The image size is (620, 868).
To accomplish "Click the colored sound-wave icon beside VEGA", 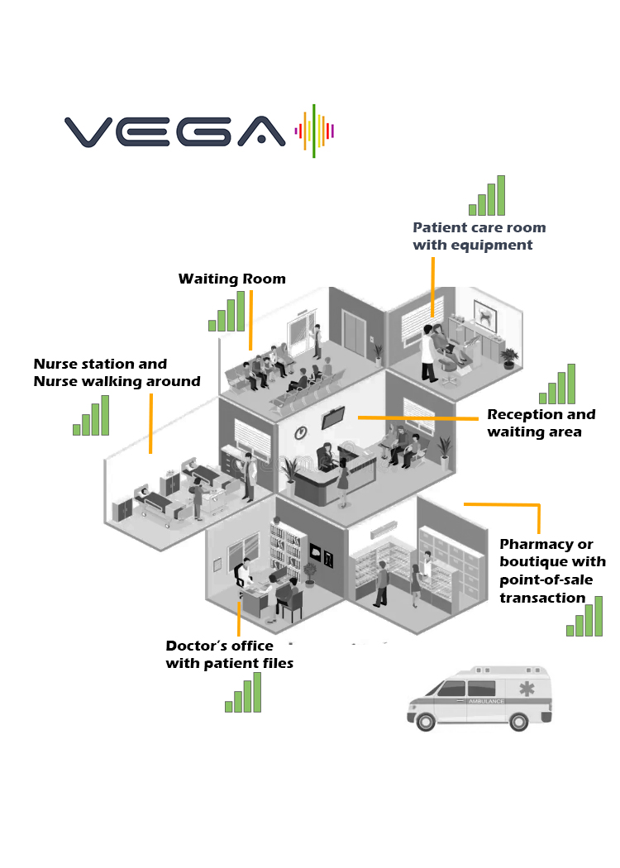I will (315, 131).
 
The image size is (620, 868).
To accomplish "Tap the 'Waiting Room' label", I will (232, 279).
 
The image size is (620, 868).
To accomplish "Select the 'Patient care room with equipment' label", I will (479, 236).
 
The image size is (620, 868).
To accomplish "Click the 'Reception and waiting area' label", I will (541, 423).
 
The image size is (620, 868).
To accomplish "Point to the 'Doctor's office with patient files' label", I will (229, 655).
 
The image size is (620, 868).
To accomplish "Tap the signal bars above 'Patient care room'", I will (487, 197).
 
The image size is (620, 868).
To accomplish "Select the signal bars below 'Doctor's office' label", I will (243, 694).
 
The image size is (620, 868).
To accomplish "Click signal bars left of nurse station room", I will (91, 417).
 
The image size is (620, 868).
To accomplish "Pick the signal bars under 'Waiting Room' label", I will (227, 312).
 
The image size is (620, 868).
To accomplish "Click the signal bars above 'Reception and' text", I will (557, 385).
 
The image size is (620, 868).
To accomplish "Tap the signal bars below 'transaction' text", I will (584, 618).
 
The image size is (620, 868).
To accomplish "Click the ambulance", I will (479, 699).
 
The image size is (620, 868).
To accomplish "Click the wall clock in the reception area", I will (302, 432).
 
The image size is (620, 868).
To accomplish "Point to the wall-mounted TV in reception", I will (333, 418).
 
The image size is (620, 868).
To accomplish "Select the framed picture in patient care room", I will (484, 316).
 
